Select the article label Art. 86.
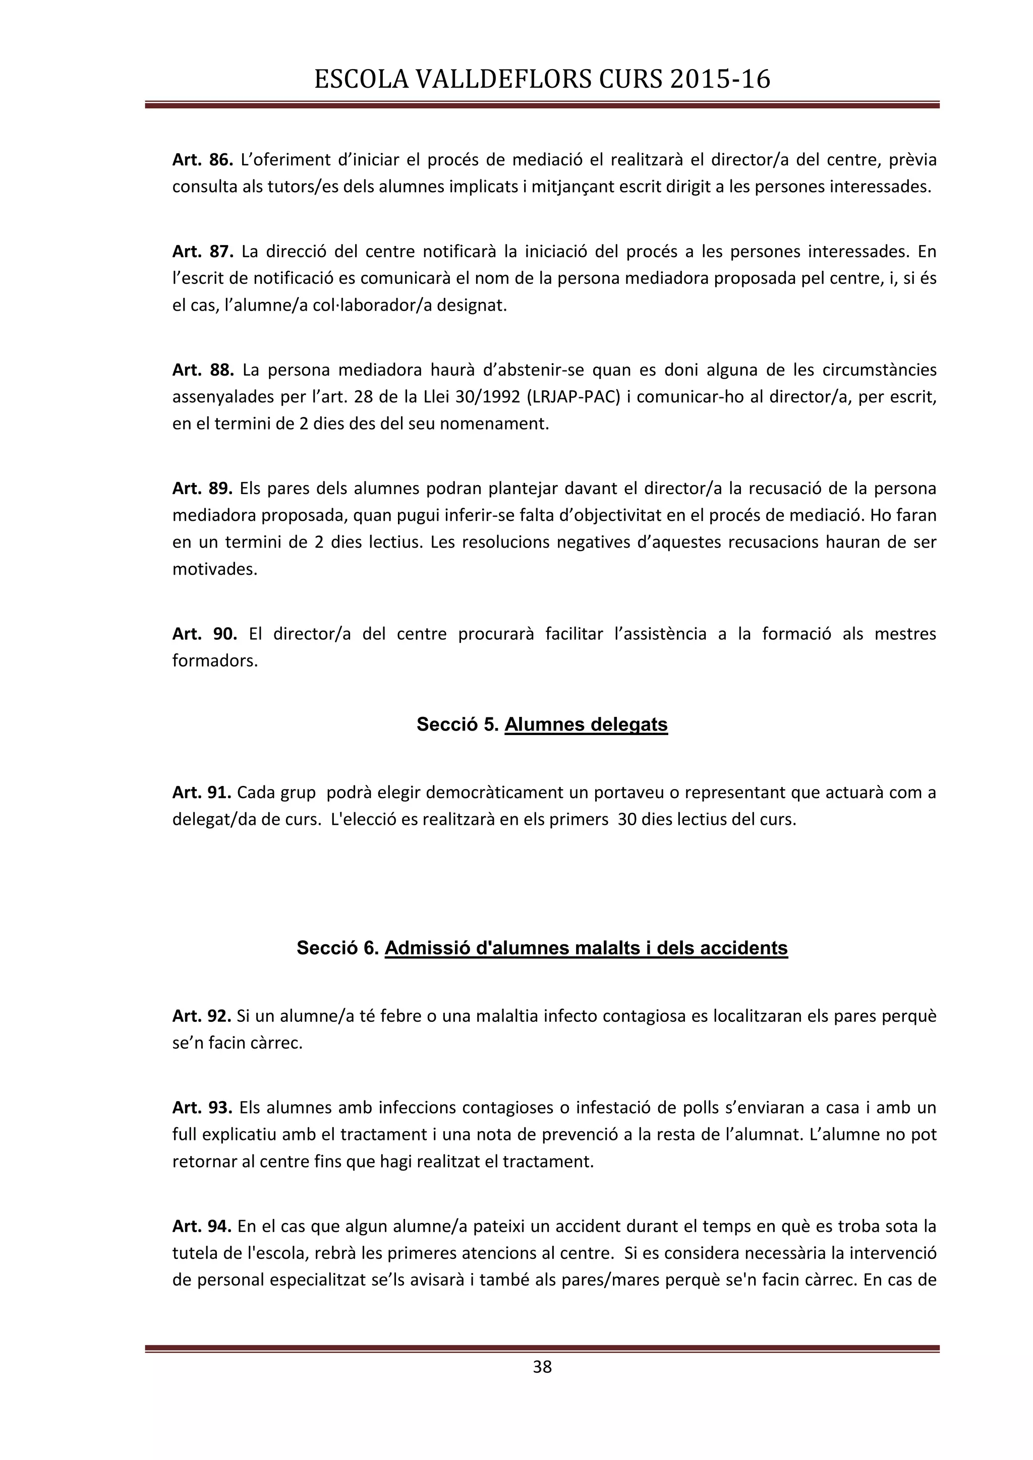click(x=203, y=160)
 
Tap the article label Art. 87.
click(x=203, y=252)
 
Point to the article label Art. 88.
click(x=203, y=370)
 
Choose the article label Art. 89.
click(x=203, y=489)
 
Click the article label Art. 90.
click(x=204, y=634)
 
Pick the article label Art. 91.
click(x=202, y=793)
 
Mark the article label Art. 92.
click(x=202, y=1016)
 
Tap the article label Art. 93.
click(x=203, y=1108)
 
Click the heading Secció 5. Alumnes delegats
click(x=542, y=724)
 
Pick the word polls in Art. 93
click(x=701, y=1108)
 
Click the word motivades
click(x=215, y=569)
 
